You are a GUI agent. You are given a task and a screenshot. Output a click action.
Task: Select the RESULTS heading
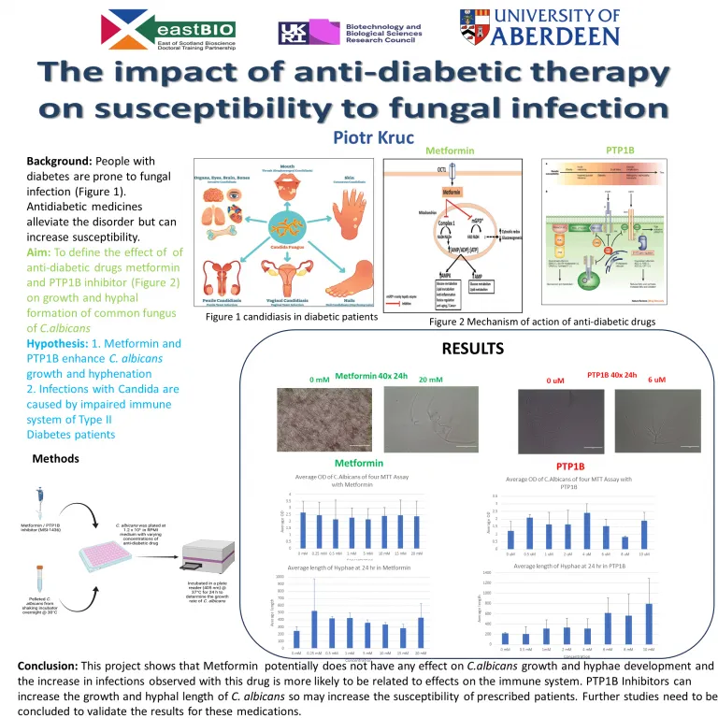[472, 349]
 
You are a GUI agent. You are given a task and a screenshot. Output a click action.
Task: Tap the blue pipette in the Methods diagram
[40, 500]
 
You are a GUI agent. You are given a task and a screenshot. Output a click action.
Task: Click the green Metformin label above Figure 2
[451, 150]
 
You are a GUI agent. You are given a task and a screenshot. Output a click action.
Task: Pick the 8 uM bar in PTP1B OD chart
[625, 542]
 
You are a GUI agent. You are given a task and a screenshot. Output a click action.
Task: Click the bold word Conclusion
[48, 666]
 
